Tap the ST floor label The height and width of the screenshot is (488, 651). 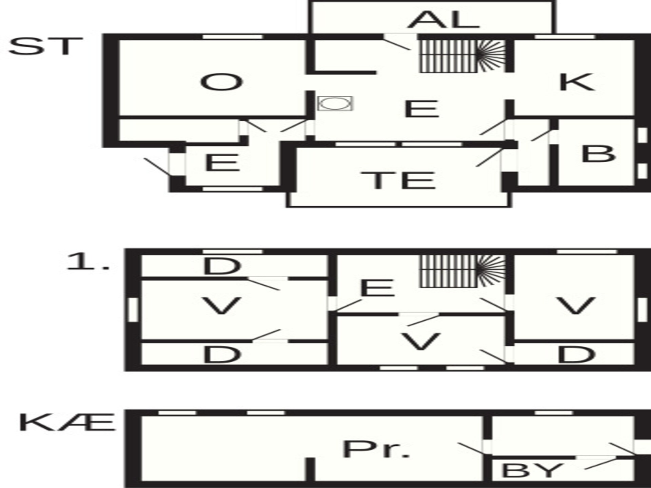[45, 46]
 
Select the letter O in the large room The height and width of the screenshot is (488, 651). [222, 82]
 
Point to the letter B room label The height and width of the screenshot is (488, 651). [598, 154]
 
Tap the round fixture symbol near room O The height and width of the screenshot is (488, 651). [335, 103]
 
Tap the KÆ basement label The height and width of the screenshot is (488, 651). [67, 422]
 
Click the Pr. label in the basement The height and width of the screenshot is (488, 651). [376, 449]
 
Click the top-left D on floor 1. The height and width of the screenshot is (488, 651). [222, 266]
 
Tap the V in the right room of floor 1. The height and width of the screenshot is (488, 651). [576, 306]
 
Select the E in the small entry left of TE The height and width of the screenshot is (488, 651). [222, 163]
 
